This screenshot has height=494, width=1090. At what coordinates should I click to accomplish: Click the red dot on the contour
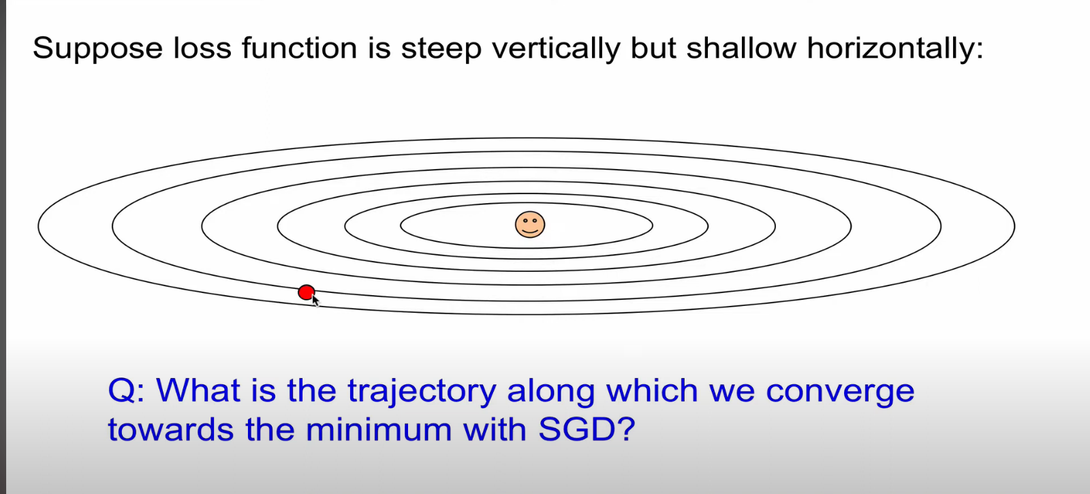[x=306, y=292]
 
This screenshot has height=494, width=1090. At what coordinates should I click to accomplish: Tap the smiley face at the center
[x=530, y=224]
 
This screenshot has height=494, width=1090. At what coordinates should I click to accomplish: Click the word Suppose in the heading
[x=97, y=49]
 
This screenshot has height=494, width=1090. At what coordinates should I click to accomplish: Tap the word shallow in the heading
[x=741, y=48]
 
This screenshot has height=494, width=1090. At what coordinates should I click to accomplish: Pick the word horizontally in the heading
[x=895, y=49]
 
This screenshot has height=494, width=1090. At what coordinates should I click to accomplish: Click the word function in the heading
[x=299, y=48]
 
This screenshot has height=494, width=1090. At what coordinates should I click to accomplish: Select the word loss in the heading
[x=202, y=48]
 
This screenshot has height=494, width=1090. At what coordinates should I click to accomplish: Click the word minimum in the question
[x=379, y=429]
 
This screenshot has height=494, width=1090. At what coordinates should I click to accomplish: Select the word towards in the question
[x=170, y=430]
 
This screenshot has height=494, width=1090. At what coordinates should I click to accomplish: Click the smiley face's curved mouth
[x=530, y=231]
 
